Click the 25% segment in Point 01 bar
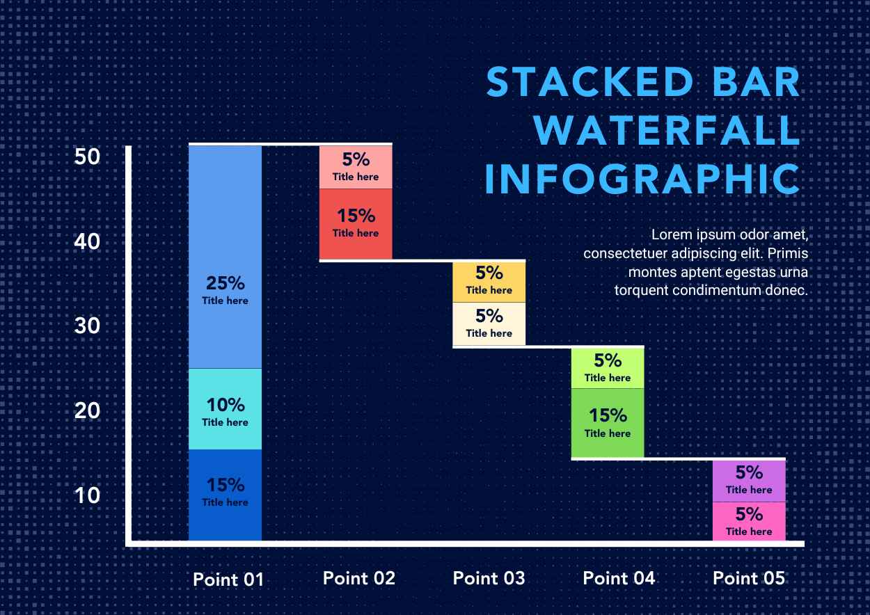click(225, 257)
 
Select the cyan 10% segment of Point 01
click(225, 409)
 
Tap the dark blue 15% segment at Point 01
click(225, 494)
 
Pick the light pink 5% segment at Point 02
click(356, 167)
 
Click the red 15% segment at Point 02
click(356, 223)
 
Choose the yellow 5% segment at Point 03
click(489, 281)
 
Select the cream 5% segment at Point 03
click(489, 324)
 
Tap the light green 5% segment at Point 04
click(608, 367)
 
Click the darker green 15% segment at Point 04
click(608, 422)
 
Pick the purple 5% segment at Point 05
click(749, 480)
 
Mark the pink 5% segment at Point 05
click(749, 521)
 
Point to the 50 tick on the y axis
click(88, 157)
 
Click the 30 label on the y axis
click(88, 326)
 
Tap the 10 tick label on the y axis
click(88, 495)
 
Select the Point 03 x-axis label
click(489, 578)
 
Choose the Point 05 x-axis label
click(749, 578)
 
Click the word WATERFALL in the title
click(669, 130)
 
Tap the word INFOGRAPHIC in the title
click(642, 179)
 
